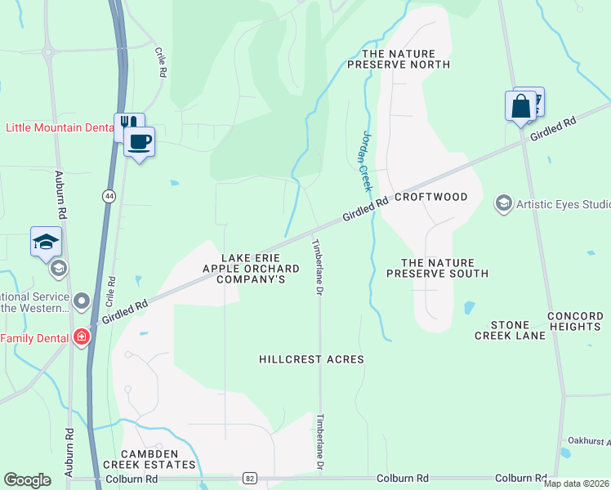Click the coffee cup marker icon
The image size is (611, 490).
139,142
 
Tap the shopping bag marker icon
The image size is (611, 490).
520,107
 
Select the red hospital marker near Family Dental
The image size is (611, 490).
81,337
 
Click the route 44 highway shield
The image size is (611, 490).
109,196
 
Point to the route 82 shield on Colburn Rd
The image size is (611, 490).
249,478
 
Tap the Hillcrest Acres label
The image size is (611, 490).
311,359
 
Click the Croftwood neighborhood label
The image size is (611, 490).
431,197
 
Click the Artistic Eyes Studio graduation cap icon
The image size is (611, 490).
504,203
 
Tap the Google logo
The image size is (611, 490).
27,480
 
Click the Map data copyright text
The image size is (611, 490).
576,483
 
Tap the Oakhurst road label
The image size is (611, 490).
589,442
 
